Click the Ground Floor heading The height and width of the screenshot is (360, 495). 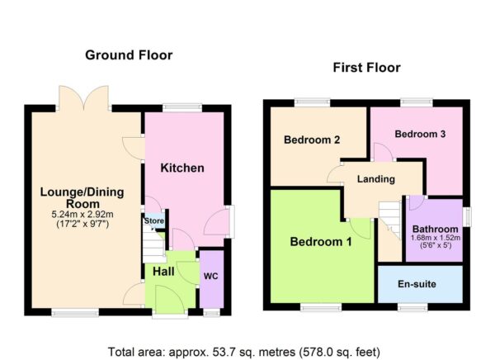coord(129,55)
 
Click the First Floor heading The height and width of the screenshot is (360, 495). coord(366,68)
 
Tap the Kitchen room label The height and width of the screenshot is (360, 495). coord(182,168)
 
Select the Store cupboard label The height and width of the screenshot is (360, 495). coord(154,220)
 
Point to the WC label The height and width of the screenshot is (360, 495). coord(210,277)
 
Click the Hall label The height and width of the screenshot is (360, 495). coord(163,271)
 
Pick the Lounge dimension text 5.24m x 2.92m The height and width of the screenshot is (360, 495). coord(82,215)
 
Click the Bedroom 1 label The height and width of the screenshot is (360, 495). coord(321,242)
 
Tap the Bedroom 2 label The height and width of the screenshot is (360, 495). coord(312,140)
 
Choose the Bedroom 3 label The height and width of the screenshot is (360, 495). coord(420,134)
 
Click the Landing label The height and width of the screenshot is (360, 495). coord(376,179)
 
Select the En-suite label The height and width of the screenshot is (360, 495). coord(417,284)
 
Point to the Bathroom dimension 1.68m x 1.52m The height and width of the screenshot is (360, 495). coord(436,238)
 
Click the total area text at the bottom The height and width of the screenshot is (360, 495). coord(244,352)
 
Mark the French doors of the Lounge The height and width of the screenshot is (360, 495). coord(83,98)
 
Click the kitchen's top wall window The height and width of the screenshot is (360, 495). coord(182,107)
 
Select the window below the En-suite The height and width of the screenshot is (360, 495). coord(412,307)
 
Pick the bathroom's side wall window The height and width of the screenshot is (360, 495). coord(467,216)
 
